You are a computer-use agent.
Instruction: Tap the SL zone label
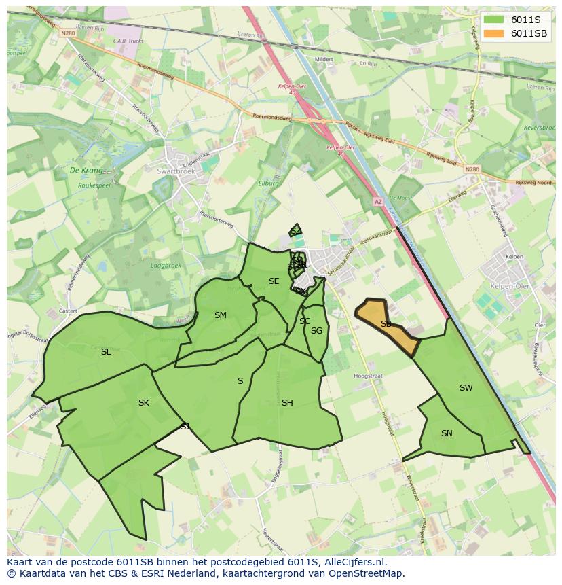pyautogui.click(x=106, y=352)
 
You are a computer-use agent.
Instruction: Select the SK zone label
pyautogui.click(x=143, y=403)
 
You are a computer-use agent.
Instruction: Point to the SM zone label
pyautogui.click(x=220, y=315)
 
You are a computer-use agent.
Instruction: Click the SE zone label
pyautogui.click(x=274, y=281)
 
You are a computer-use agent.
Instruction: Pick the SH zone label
pyautogui.click(x=287, y=403)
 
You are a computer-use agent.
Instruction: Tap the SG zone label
pyautogui.click(x=316, y=331)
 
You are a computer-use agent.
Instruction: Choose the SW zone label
pyautogui.click(x=466, y=388)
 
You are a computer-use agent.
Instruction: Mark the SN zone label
pyautogui.click(x=447, y=433)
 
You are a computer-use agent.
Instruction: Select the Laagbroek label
pyautogui.click(x=166, y=266)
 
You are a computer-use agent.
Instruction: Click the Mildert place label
pyautogui.click(x=324, y=59)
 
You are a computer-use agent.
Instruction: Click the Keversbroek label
pyautogui.click(x=540, y=128)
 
